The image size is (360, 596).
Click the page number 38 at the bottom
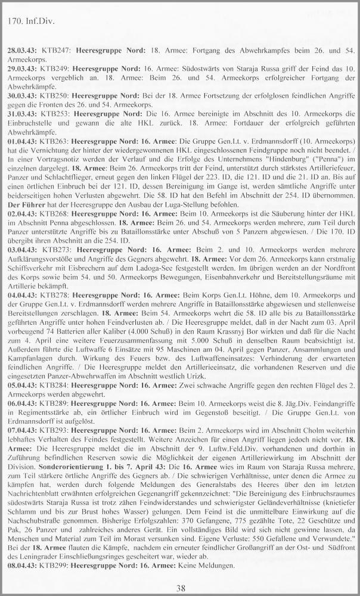(x=179, y=588)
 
